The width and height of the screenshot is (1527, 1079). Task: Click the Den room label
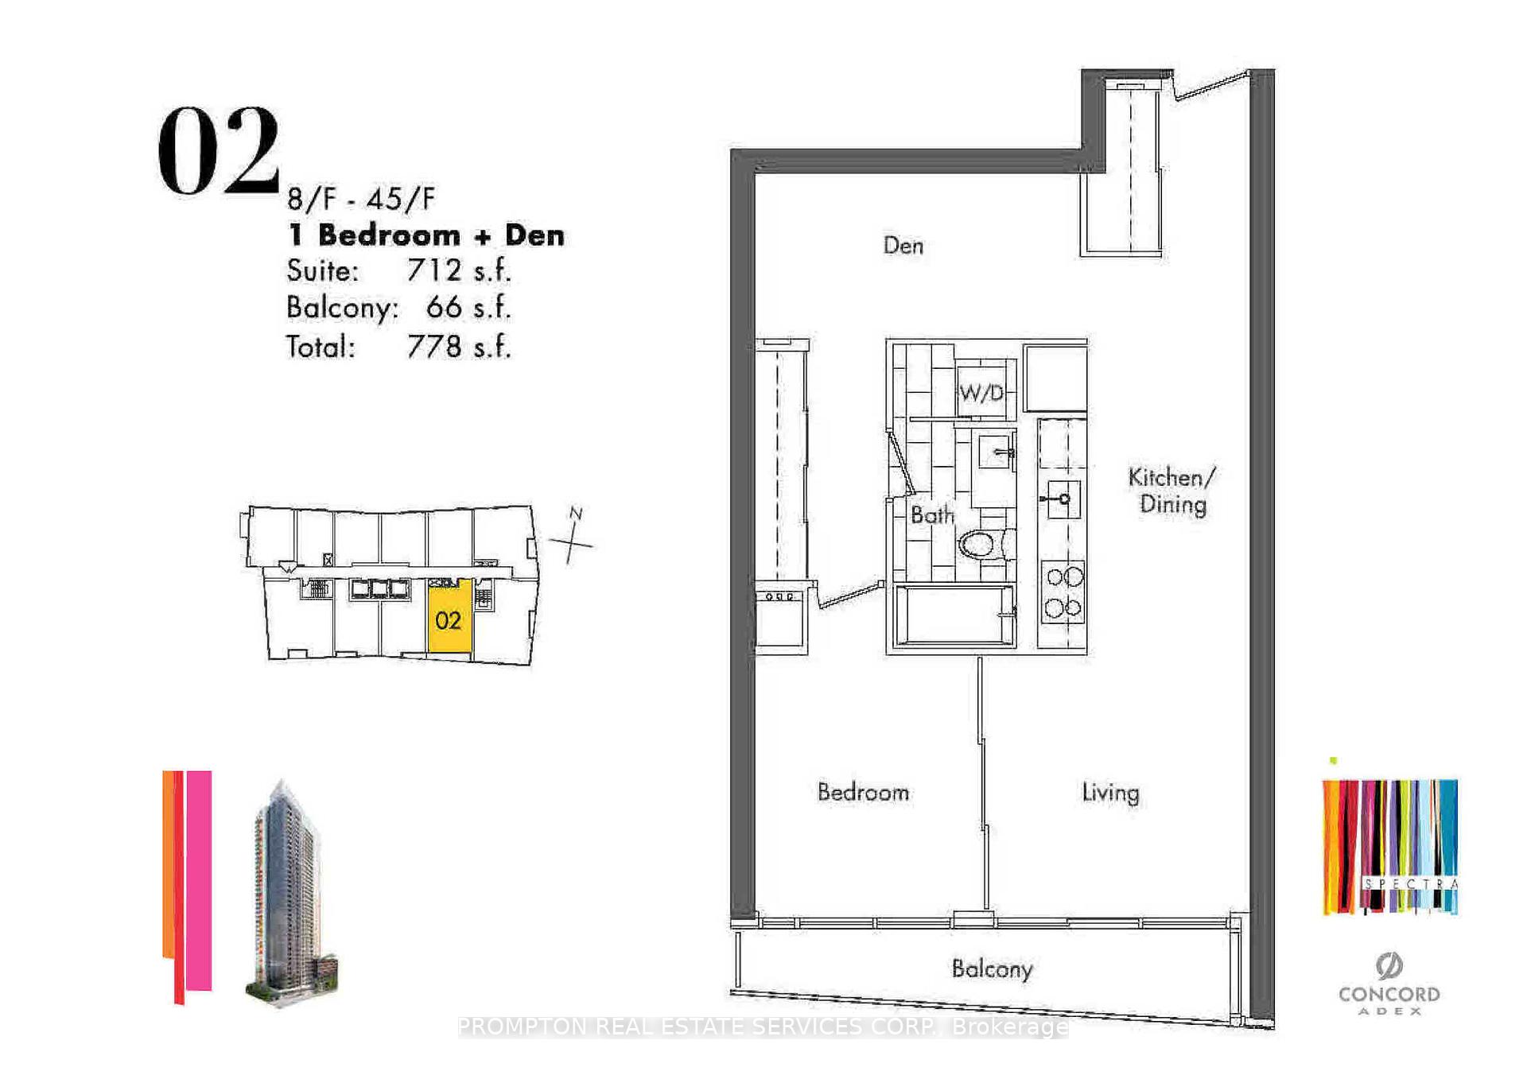pyautogui.click(x=903, y=245)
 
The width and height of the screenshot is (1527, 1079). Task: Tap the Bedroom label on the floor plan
pyautogui.click(x=863, y=792)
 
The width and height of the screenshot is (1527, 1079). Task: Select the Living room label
pyautogui.click(x=1110, y=792)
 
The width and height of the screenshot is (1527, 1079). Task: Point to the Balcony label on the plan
pyautogui.click(x=992, y=968)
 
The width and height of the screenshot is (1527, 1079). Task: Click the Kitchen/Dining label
pyautogui.click(x=1171, y=491)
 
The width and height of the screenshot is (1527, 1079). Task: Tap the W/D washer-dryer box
pyautogui.click(x=983, y=391)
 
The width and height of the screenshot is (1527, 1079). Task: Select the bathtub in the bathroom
pyautogui.click(x=954, y=615)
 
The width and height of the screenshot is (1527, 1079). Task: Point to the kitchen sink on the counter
pyautogui.click(x=1063, y=499)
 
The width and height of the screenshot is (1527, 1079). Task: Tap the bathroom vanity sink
pyautogui.click(x=995, y=452)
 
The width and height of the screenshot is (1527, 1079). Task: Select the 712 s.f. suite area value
pyautogui.click(x=458, y=270)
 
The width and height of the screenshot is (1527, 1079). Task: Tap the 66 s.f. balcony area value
pyautogui.click(x=468, y=308)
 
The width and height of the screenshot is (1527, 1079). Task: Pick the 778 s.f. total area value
pyautogui.click(x=458, y=347)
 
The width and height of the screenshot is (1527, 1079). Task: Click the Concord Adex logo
pyautogui.click(x=1389, y=986)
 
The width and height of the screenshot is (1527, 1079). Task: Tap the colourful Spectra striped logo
pyautogui.click(x=1389, y=847)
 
